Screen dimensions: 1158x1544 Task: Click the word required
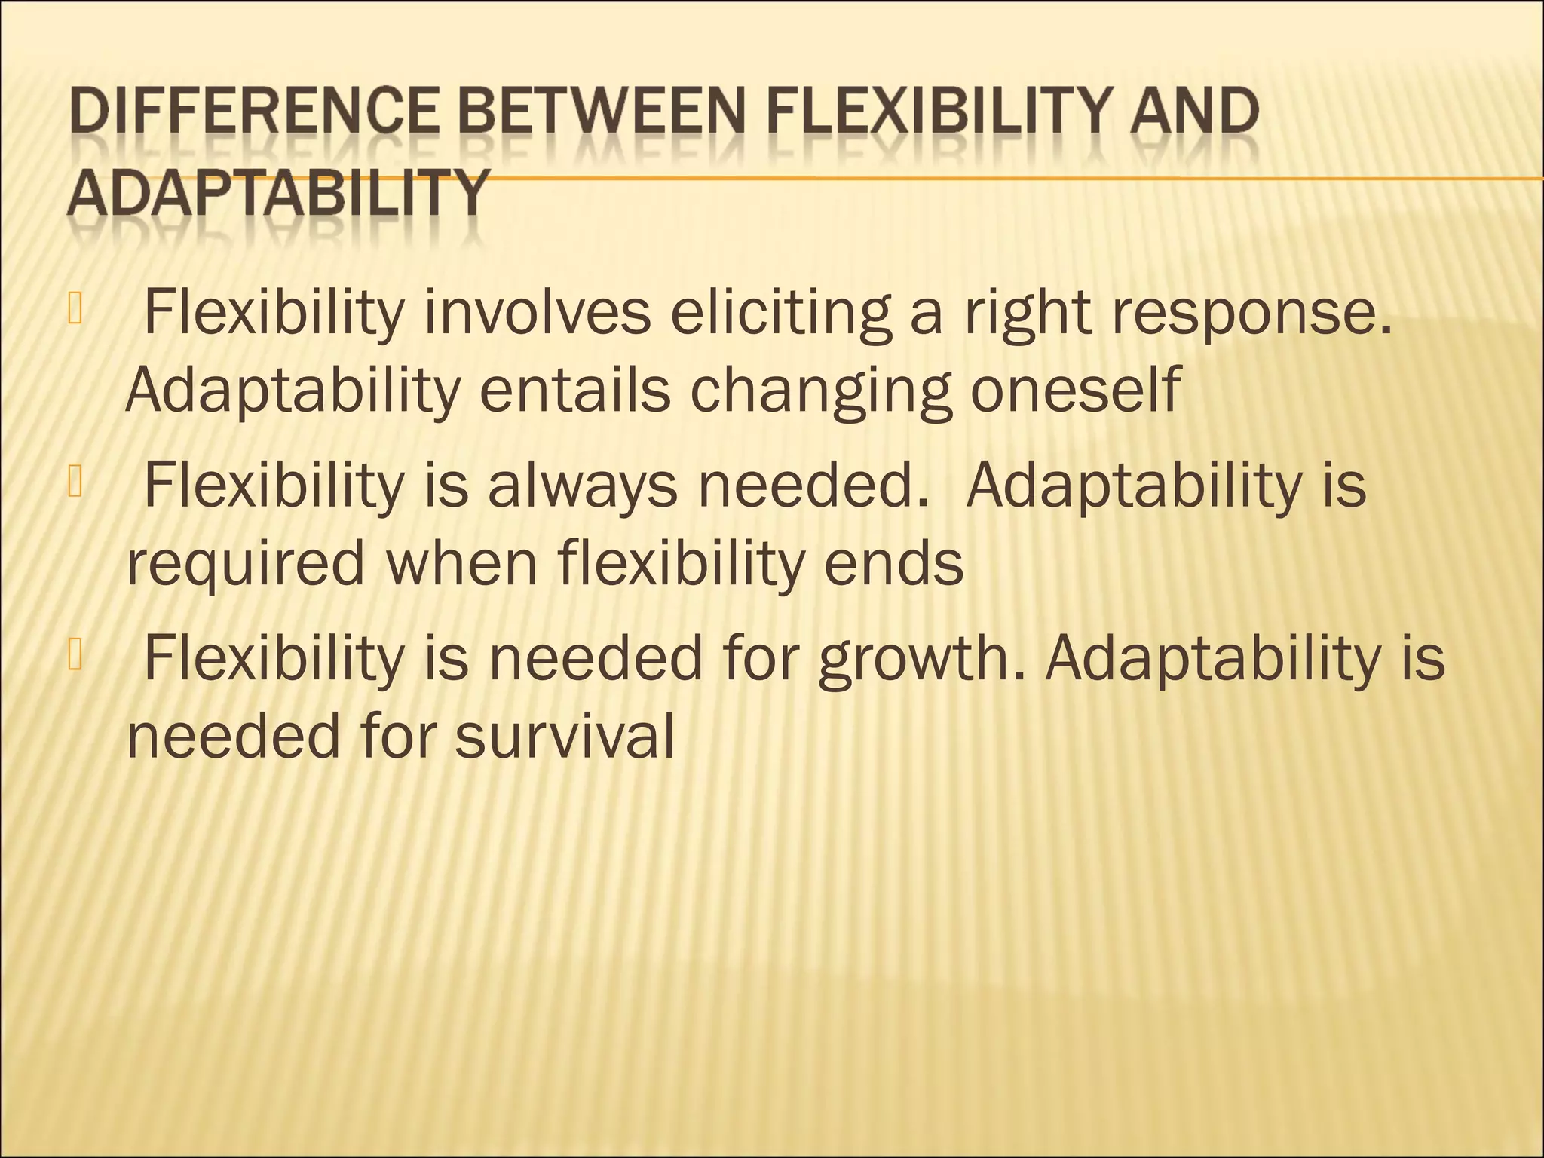tap(246, 565)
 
